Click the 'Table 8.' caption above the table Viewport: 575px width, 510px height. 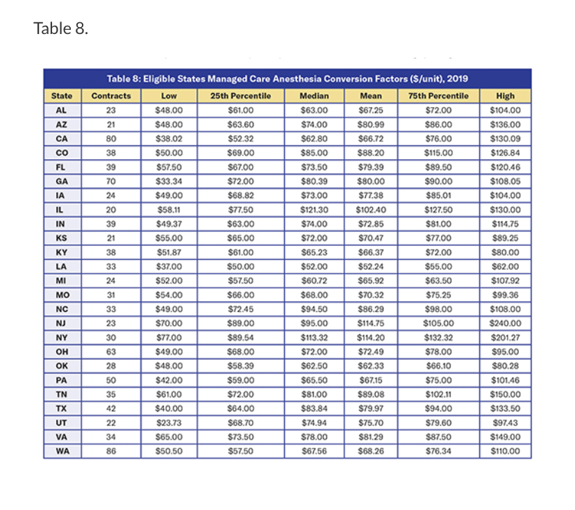click(60, 29)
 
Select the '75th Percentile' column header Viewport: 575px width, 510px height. click(438, 96)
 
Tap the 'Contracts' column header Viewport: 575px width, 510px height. click(111, 96)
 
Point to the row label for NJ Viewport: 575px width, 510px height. click(62, 323)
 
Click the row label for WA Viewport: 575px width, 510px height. click(62, 451)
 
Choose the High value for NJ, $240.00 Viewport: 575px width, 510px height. click(506, 323)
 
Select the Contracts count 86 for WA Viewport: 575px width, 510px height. click(111, 451)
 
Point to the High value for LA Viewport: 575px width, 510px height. click(506, 266)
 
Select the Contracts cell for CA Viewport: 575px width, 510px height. click(111, 138)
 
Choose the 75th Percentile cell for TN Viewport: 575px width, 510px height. click(438, 394)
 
